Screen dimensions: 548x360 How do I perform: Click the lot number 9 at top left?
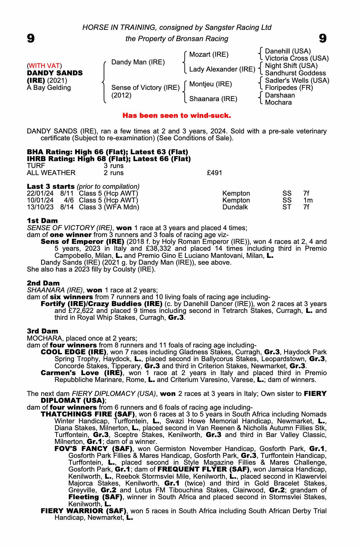[x=31, y=38]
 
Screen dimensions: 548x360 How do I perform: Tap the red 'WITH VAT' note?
[x=44, y=66]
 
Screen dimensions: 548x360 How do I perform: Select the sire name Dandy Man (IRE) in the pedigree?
[x=138, y=62]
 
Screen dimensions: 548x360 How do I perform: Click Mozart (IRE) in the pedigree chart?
[x=209, y=55]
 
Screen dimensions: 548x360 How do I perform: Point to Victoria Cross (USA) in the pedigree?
[x=297, y=58]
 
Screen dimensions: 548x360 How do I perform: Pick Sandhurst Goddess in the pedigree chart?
[x=295, y=73]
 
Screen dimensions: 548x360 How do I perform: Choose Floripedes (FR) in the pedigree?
[x=289, y=88]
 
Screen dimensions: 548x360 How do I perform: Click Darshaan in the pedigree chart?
[x=280, y=95]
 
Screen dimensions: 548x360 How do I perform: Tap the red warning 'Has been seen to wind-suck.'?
[x=177, y=116]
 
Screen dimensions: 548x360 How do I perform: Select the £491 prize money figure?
[x=215, y=173]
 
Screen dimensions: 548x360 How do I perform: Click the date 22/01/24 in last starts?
[x=40, y=193]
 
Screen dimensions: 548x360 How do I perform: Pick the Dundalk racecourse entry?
[x=235, y=207]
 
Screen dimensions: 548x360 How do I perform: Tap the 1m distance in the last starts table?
[x=308, y=200]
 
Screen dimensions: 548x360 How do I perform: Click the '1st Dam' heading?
[x=42, y=221]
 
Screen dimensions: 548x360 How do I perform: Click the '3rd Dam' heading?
[x=42, y=331]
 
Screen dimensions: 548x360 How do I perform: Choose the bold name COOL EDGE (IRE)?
[x=73, y=352]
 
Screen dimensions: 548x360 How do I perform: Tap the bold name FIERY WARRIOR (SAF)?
[x=83, y=511]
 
